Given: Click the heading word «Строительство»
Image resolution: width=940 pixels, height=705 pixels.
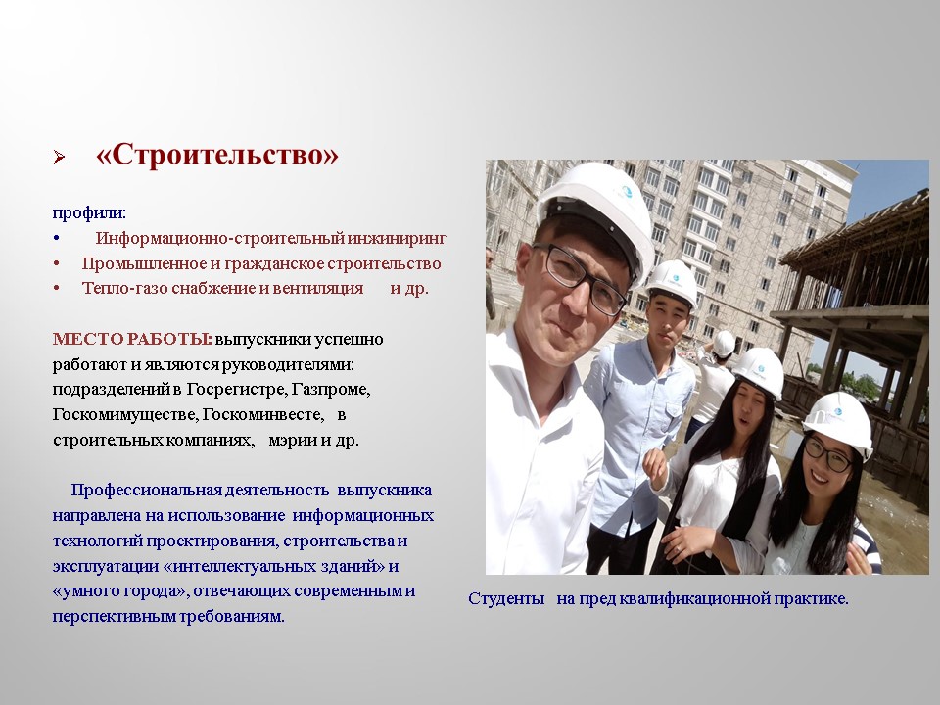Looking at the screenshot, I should pos(216,156).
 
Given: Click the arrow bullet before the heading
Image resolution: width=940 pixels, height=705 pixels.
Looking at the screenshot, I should pos(59,157).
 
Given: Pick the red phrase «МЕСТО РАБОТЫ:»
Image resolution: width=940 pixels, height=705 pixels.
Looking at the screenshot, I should pos(131,339).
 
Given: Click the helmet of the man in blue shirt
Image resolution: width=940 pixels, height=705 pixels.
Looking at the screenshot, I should pos(674,279).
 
